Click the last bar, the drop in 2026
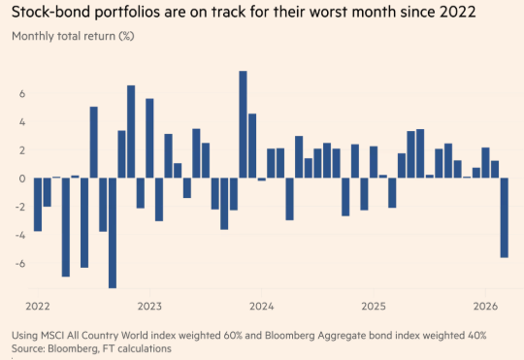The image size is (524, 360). (505, 217)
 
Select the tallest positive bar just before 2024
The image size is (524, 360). (243, 124)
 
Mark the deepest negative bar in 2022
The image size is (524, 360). (113, 233)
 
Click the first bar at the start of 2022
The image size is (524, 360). (38, 204)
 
